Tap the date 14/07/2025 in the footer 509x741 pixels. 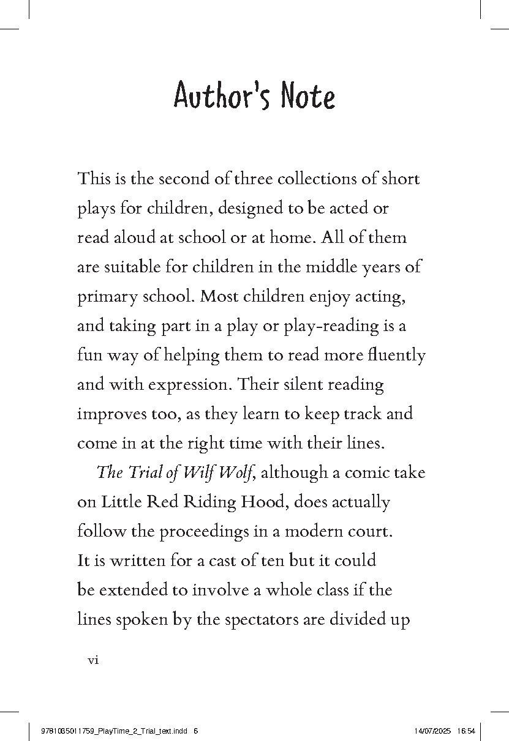click(432, 731)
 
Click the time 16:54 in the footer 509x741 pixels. click(466, 731)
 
